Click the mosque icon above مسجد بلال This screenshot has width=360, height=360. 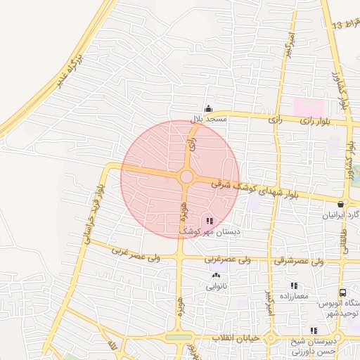(207, 109)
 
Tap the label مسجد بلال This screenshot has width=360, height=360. (207, 119)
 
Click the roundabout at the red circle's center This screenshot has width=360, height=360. (187, 176)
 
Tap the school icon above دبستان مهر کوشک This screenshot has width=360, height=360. (212, 221)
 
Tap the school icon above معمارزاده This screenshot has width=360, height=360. (294, 286)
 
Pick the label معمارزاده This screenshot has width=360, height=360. (294, 297)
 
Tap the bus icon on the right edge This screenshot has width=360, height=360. (342, 292)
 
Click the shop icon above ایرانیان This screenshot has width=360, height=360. (340, 205)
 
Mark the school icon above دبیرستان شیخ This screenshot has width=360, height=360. (314, 330)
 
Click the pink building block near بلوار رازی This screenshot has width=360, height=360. (309, 108)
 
